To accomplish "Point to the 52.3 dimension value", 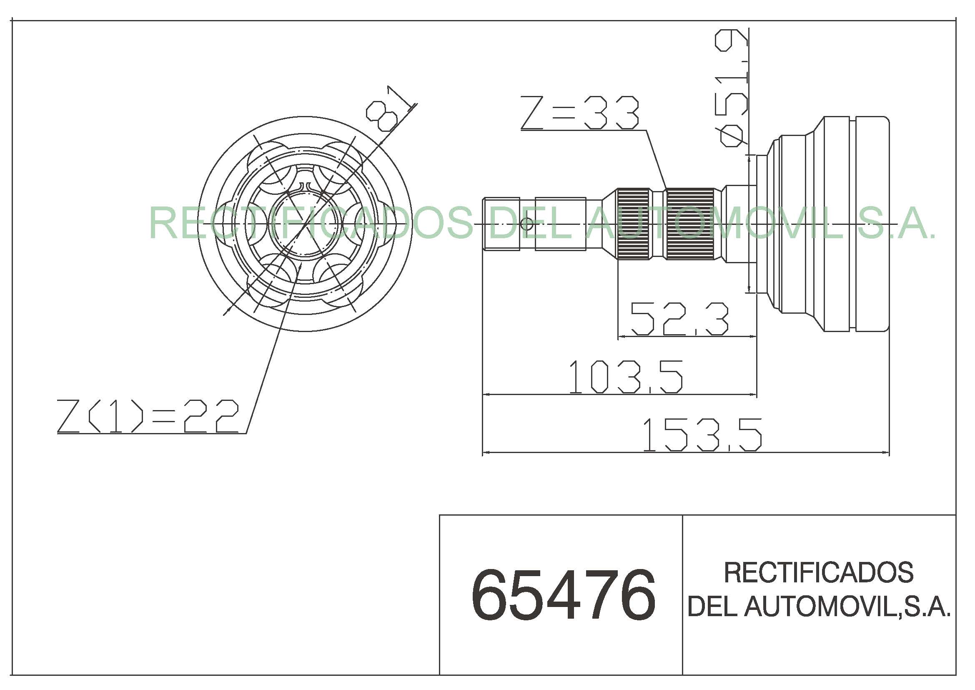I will coord(679,319).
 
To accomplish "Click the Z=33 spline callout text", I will coord(580,113).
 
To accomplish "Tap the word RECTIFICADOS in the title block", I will coord(818,572).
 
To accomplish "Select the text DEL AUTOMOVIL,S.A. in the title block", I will coord(818,606).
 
